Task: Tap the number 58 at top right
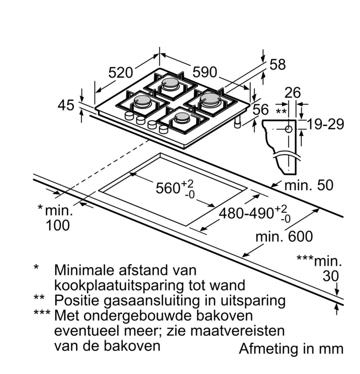coord(277,65)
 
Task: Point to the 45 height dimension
coord(66,106)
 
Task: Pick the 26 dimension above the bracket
coord(292,93)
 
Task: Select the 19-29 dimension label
coord(326,125)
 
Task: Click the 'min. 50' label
coord(309,185)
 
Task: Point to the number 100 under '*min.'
coord(58,226)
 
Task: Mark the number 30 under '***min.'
coord(332,276)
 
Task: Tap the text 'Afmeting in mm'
coord(291,349)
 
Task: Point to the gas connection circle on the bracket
coord(289,129)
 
